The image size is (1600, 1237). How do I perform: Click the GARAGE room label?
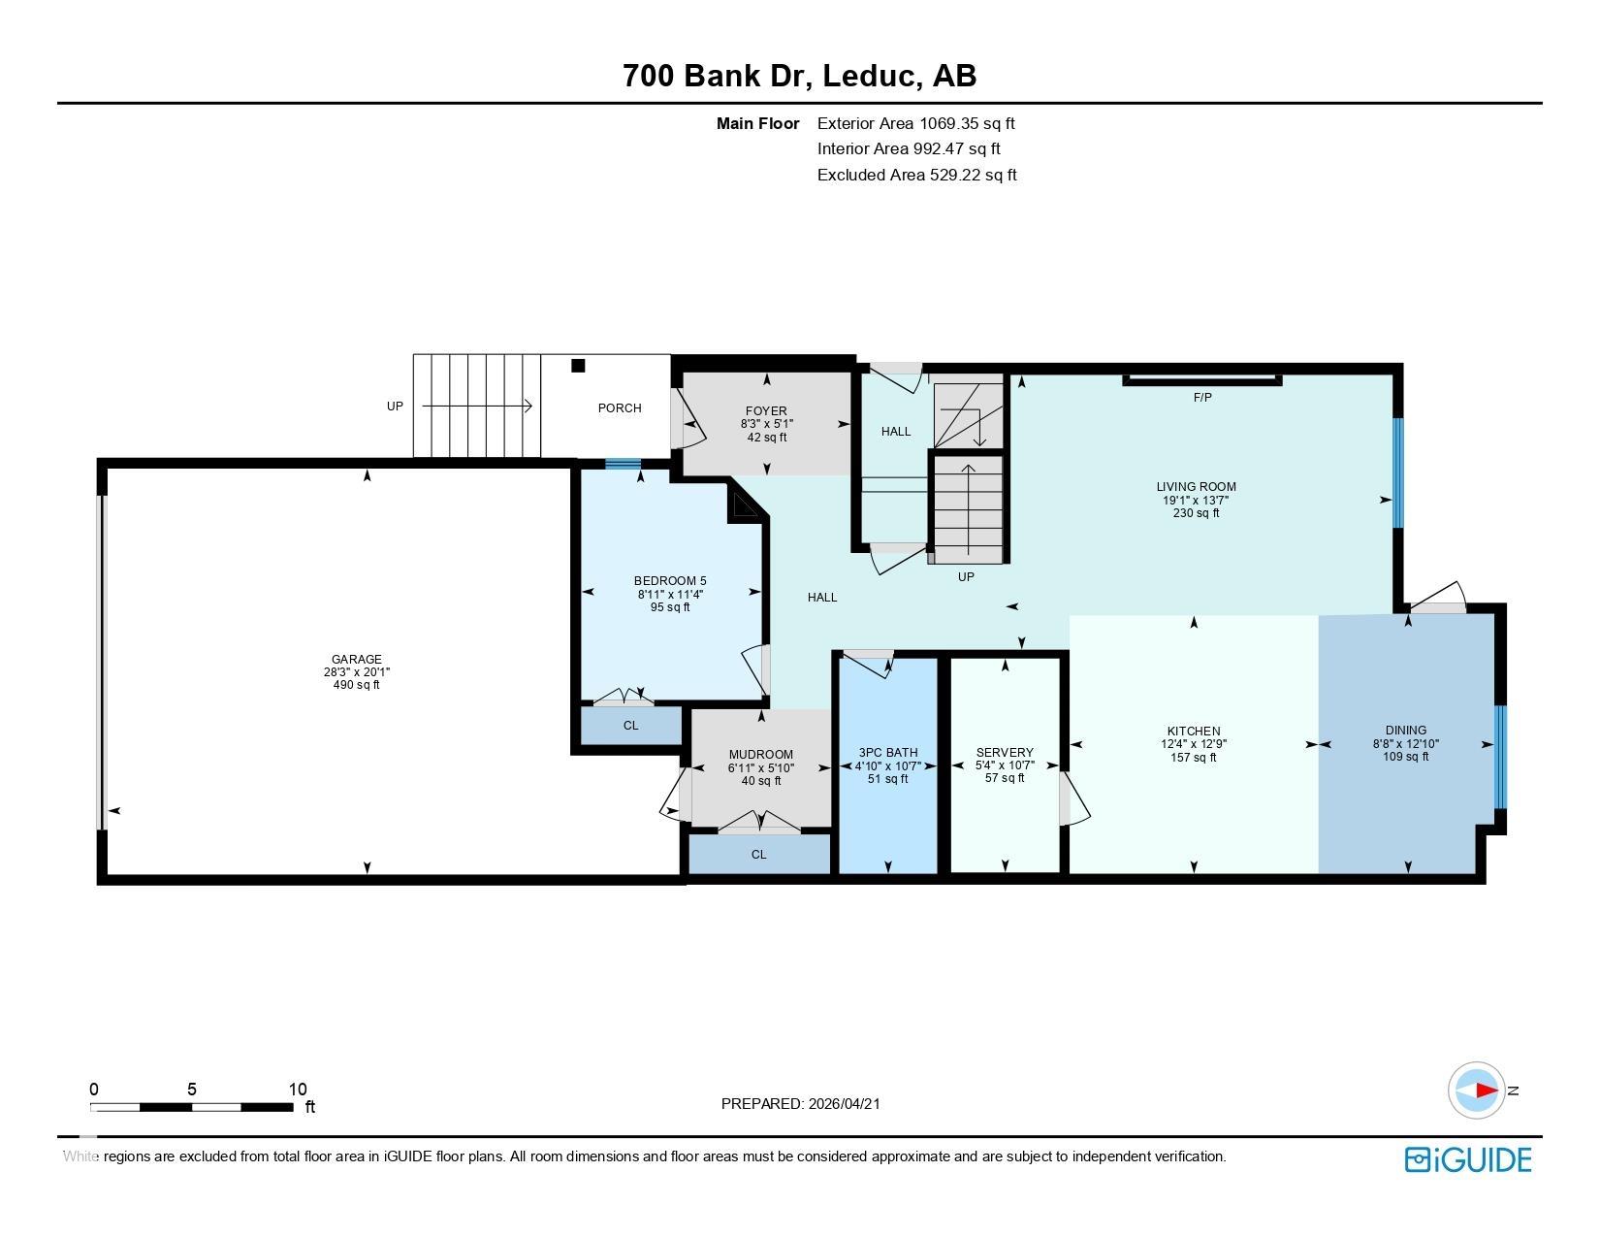point(356,659)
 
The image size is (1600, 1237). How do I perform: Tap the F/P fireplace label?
point(1202,397)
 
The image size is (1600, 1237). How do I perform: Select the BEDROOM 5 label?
point(670,581)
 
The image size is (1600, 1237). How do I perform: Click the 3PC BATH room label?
point(887,752)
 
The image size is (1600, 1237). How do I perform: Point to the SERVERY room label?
point(1005,752)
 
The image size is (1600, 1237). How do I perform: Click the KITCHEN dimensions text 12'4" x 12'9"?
point(1194,744)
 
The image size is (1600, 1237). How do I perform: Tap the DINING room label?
point(1405,731)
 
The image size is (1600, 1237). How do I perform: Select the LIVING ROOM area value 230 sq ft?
point(1196,513)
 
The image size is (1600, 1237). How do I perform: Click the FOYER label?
point(766,411)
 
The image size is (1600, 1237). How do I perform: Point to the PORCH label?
point(619,407)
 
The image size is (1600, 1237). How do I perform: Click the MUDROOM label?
point(760,754)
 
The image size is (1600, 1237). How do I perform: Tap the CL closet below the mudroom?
point(759,855)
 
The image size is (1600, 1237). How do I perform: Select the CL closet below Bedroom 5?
point(630,725)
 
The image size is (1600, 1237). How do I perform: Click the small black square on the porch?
point(579,366)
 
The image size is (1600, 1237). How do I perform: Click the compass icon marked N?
point(1477,1091)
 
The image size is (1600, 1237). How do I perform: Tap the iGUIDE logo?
point(1468,1159)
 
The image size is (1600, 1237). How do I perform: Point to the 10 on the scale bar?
point(297,1090)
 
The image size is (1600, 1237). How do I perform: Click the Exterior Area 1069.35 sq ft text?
point(915,123)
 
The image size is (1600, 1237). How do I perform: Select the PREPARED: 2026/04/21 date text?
point(800,1103)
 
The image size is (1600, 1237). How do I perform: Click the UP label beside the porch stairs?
point(395,407)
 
